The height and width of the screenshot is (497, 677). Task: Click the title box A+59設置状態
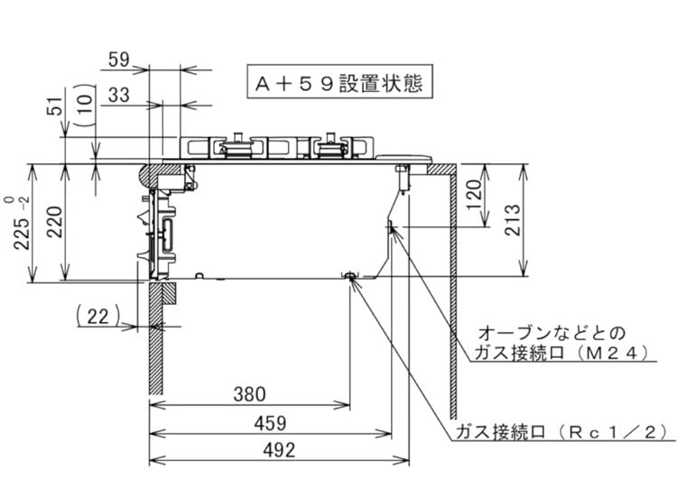[338, 83]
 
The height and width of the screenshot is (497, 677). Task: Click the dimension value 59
[119, 60]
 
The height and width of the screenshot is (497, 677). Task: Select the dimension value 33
[119, 93]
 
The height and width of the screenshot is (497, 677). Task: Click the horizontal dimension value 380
[249, 394]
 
